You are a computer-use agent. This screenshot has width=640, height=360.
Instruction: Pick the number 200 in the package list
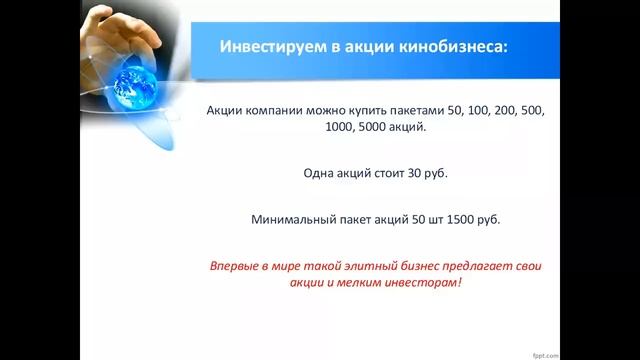509,109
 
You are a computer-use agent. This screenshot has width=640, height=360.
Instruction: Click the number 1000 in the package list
301,127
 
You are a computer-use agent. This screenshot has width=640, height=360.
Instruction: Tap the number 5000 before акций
341,127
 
